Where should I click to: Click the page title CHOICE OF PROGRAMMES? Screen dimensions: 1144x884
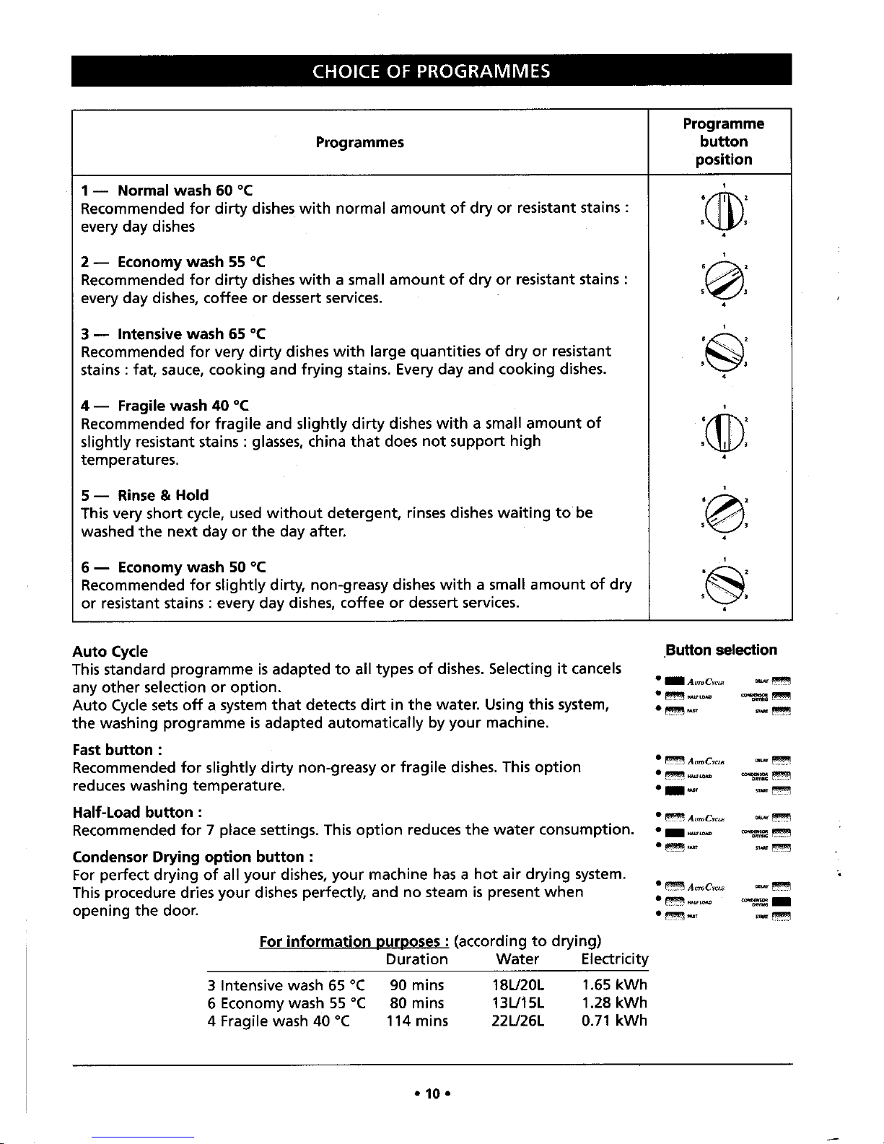431,71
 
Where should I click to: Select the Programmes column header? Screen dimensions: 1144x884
359,142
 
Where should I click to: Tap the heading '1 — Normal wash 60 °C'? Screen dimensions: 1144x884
167,191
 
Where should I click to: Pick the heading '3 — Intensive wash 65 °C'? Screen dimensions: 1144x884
173,333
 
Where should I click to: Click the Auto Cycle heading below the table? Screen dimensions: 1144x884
110,652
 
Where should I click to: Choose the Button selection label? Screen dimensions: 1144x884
722,650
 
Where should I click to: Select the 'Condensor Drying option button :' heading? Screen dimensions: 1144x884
192,857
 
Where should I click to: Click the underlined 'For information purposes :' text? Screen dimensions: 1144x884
354,942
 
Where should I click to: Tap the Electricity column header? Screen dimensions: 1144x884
614,959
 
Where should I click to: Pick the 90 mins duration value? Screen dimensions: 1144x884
416,985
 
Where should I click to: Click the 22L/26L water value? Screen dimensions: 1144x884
517,1021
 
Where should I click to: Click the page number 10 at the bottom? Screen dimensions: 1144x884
432,1094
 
